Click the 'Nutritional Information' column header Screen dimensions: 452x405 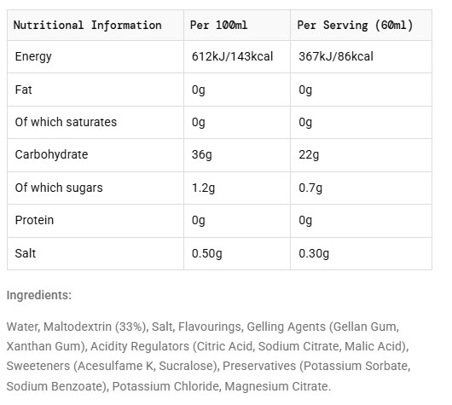[87, 25]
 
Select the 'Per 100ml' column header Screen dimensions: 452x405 [218, 25]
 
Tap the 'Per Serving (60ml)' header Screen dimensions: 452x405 [355, 26]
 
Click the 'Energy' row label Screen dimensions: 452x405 [33, 56]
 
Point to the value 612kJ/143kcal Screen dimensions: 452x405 [232, 56]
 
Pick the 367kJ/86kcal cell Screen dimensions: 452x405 [336, 56]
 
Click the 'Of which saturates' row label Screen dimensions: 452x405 [66, 122]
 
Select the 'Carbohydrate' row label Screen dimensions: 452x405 [51, 154]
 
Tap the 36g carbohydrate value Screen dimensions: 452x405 [202, 155]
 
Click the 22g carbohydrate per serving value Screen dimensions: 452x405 [309, 155]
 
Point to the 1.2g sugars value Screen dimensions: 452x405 [203, 188]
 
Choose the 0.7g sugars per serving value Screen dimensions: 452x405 [310, 188]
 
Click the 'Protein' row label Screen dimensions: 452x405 [34, 220]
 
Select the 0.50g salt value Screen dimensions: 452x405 [206, 254]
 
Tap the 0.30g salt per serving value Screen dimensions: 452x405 [314, 254]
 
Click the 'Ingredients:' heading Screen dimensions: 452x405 [39, 296]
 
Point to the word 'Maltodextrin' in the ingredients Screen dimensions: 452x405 [78, 327]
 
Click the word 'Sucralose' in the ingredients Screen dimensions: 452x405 [187, 366]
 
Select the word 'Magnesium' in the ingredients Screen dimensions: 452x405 [257, 386]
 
